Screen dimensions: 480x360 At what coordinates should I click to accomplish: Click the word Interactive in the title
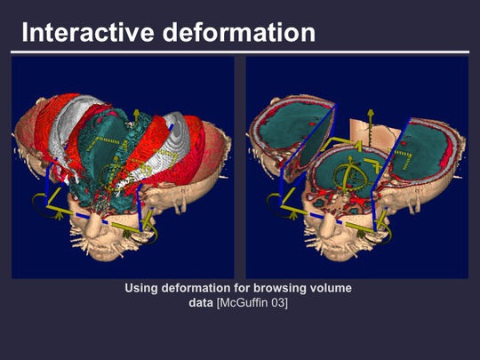click(x=87, y=32)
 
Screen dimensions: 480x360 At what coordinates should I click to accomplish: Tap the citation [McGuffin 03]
click(x=252, y=303)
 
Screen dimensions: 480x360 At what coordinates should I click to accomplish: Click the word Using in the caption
click(x=141, y=288)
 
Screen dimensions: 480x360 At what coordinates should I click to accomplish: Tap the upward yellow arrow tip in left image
click(x=136, y=112)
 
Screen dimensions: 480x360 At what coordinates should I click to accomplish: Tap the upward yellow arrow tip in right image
click(x=371, y=112)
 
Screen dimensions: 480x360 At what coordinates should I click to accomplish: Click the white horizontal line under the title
click(x=240, y=52)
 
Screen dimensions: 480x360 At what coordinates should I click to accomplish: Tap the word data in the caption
click(x=201, y=303)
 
